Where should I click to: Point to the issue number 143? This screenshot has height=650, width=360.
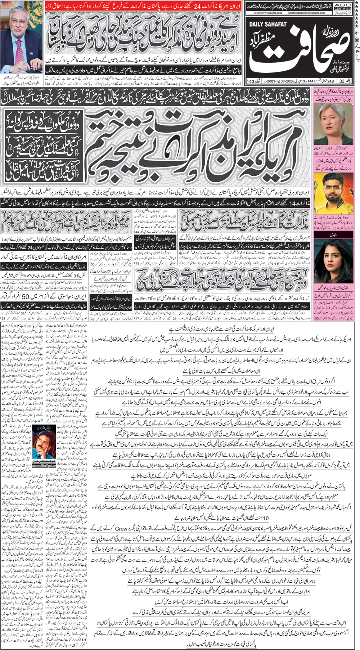(251, 81)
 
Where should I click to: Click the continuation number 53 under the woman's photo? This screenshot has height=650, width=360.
(317, 154)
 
